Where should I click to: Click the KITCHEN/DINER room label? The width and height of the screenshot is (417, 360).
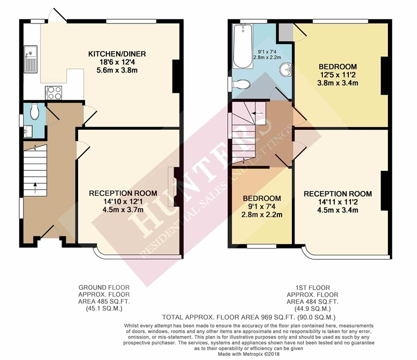(117, 54)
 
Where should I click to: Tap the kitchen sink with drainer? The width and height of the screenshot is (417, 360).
(31, 59)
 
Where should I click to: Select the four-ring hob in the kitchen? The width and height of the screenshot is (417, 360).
(54, 93)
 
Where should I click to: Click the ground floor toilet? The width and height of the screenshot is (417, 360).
(34, 111)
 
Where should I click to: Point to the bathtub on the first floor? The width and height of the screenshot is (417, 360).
(242, 46)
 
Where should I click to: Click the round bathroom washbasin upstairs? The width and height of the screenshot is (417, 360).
(286, 69)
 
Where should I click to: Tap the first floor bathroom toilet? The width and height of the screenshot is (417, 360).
(241, 84)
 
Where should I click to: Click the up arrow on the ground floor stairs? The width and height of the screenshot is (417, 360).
(35, 188)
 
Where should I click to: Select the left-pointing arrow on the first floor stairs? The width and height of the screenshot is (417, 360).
(257, 114)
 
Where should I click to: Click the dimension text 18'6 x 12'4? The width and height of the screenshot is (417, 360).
(117, 62)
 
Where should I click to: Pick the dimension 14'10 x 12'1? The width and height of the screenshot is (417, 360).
(123, 202)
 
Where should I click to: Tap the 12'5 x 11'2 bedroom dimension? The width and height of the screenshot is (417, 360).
(338, 75)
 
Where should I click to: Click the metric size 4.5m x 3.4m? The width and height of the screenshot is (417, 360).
(338, 210)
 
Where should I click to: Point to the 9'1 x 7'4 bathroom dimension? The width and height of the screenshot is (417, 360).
(267, 52)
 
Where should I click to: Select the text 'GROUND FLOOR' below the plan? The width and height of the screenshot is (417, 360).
(104, 288)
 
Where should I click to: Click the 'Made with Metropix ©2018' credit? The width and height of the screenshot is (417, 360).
(249, 354)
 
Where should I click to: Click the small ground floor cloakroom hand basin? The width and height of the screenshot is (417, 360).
(28, 131)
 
